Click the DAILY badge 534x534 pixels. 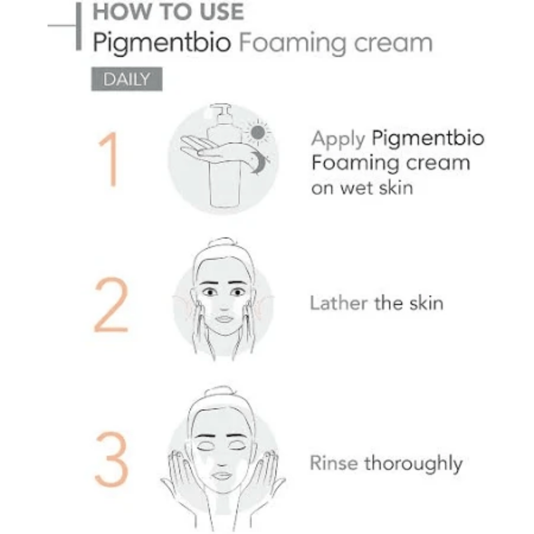[127, 79]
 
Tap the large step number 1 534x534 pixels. [110, 159]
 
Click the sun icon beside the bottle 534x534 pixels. [258, 133]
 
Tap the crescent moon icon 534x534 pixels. [259, 162]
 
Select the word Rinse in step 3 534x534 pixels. [333, 463]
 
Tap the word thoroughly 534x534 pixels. [413, 464]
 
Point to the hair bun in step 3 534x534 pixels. [221, 392]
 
